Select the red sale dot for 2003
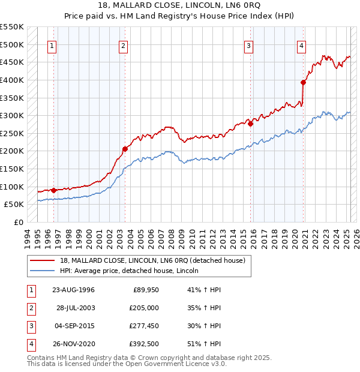(125, 149)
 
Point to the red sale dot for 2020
(304, 82)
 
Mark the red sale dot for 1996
(54, 190)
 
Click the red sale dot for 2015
(250, 124)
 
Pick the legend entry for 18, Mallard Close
(152, 260)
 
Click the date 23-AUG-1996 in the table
(73, 290)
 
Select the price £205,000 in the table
(143, 308)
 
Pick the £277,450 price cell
(143, 326)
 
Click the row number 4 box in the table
(31, 344)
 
